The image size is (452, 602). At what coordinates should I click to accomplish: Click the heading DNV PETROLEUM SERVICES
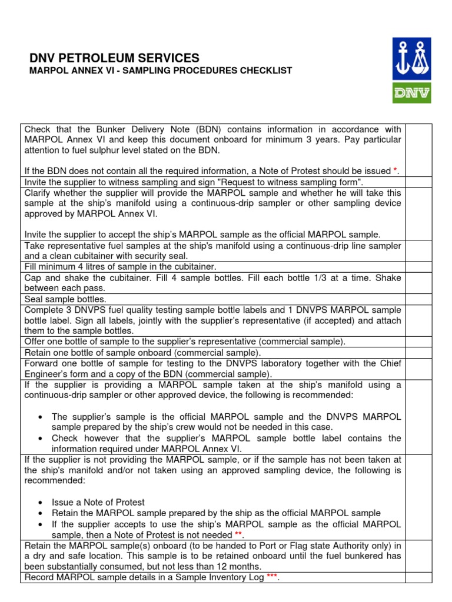click(114, 58)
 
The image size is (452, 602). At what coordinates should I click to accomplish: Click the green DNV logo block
click(411, 92)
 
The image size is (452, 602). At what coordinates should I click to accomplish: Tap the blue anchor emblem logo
click(411, 59)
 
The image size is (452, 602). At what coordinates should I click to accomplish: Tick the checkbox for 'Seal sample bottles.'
click(418, 299)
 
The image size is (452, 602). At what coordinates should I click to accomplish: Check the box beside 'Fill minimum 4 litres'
click(418, 266)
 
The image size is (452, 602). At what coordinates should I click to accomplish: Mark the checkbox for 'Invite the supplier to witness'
click(418, 182)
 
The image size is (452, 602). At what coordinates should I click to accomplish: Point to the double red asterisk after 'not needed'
click(238, 534)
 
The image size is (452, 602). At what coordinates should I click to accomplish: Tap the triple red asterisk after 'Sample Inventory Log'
click(271, 577)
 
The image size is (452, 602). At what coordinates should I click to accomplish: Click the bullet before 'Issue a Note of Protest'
click(39, 503)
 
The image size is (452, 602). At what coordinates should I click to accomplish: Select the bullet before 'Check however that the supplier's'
click(39, 438)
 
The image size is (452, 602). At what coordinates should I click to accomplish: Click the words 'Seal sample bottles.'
click(65, 299)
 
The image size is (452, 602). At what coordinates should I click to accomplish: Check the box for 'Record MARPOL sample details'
click(418, 577)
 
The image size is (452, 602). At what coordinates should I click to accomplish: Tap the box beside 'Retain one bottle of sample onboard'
click(418, 353)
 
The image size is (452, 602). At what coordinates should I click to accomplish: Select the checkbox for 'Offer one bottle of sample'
click(418, 342)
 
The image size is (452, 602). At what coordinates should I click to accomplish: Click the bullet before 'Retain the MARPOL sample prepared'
click(39, 513)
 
